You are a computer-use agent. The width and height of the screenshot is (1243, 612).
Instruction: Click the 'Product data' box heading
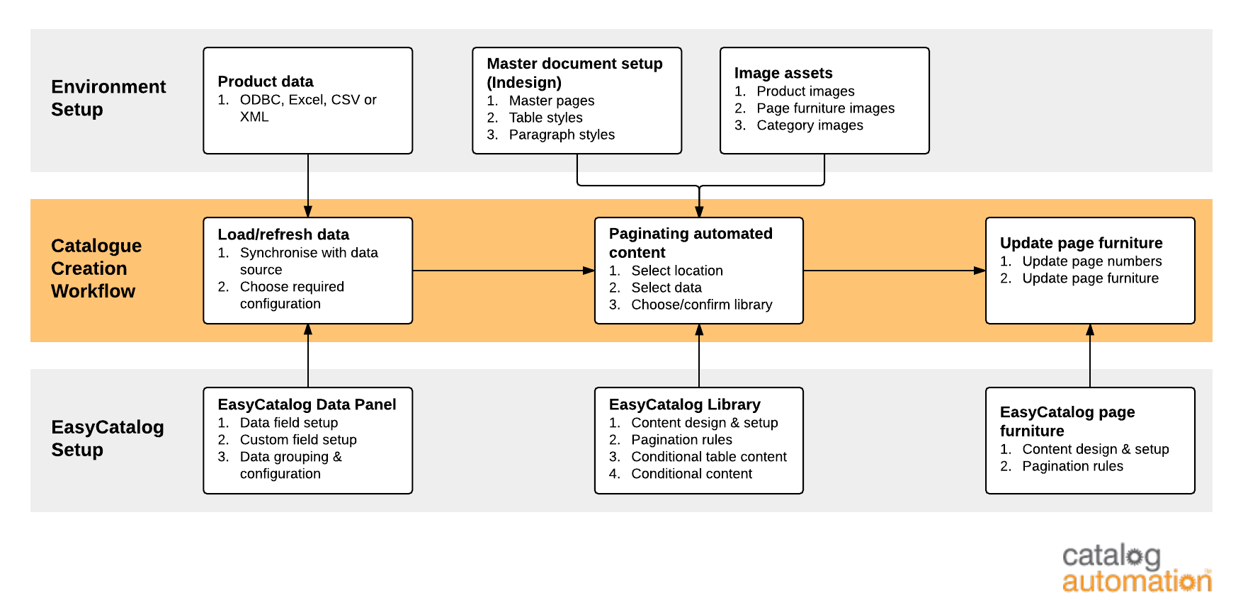coord(266,81)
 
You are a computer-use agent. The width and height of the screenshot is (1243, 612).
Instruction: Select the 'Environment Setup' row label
coord(108,98)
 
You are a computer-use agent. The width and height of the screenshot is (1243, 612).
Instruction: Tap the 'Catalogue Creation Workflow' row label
coord(96,268)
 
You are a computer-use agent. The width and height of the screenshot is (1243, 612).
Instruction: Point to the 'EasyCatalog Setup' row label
coord(107,438)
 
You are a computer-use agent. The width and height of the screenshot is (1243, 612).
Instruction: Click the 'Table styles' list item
coord(545,118)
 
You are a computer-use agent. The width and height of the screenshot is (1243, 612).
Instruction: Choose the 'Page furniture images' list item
coord(825,108)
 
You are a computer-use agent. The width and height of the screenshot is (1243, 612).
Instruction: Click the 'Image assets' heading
coord(783,73)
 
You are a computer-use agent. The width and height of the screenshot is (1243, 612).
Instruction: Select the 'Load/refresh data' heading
coord(283,234)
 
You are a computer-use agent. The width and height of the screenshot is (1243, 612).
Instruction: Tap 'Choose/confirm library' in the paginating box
coord(701,305)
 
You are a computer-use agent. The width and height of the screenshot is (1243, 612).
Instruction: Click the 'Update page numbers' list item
coord(1091,261)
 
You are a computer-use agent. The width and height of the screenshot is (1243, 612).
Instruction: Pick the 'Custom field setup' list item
coord(298,440)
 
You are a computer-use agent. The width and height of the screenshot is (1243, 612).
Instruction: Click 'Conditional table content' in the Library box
coord(708,457)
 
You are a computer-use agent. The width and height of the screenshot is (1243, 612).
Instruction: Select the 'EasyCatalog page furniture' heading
coord(1067,421)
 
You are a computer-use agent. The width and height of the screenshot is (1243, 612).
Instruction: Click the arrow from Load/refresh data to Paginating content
coord(503,271)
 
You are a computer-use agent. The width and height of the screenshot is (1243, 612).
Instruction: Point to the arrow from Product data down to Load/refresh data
coord(308,186)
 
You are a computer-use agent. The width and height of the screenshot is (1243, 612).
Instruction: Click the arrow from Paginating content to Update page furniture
coord(894,271)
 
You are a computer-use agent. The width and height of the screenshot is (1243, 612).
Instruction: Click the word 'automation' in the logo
coord(1136,582)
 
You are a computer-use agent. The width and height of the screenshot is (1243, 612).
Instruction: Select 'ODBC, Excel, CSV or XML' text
coord(307,108)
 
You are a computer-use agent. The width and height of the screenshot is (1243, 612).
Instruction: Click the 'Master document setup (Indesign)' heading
coord(574,73)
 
